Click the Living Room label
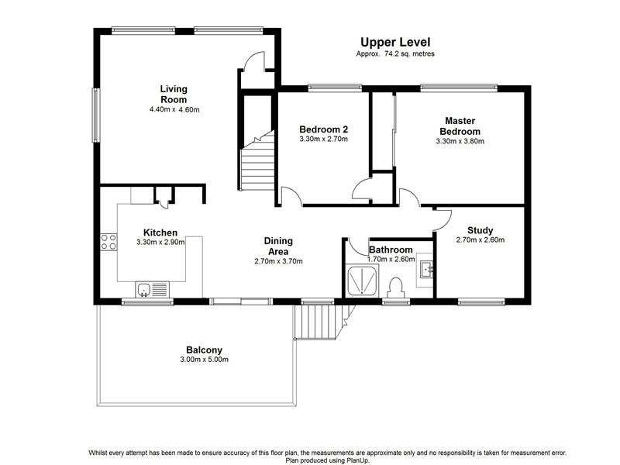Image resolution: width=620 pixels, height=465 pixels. point(174,94)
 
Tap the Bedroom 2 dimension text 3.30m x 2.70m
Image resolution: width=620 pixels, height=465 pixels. point(323,139)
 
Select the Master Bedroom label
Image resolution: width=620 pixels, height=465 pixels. point(460,126)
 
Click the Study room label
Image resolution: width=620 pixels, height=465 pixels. point(480,230)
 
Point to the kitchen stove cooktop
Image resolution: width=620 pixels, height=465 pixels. point(108,242)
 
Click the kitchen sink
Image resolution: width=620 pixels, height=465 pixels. point(143,289)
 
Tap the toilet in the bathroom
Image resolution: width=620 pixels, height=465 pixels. point(395,288)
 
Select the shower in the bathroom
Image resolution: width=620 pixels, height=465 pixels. point(362,281)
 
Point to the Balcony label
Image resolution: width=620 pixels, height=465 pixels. point(204,350)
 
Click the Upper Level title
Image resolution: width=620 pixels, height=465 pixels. point(395,42)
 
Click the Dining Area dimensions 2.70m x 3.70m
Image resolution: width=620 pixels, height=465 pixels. point(278,261)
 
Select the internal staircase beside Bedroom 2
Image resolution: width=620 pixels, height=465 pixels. point(258,160)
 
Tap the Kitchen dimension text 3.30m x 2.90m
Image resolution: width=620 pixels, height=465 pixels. point(160,243)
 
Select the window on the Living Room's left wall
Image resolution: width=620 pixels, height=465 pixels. point(95,115)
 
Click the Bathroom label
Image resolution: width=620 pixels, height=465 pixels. point(391,250)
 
